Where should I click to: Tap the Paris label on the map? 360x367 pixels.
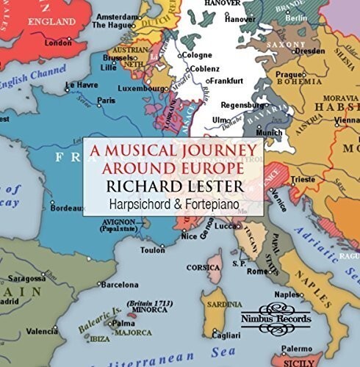[107, 100]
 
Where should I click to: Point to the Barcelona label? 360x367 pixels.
[119, 284]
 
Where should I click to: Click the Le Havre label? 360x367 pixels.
[82, 85]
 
